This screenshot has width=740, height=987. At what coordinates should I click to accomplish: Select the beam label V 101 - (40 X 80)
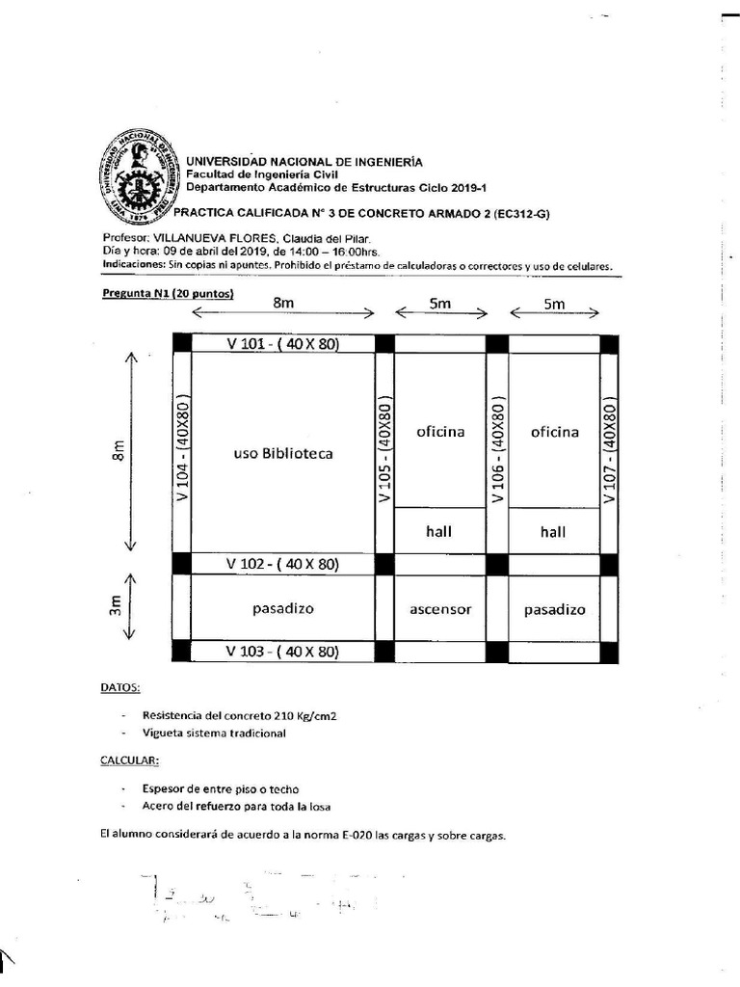point(282,344)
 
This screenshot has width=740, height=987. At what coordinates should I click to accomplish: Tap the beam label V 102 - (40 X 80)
point(282,564)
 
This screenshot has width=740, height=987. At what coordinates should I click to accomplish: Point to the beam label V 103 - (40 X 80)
point(282,652)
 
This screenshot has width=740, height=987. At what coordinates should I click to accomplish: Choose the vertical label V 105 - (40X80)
point(384,448)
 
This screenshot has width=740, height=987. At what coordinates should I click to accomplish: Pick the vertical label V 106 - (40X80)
point(497,448)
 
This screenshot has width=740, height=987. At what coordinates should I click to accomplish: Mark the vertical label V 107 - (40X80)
point(609,448)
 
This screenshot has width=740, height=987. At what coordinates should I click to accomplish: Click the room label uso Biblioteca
point(283,453)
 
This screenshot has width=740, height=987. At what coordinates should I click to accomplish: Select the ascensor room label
point(440,609)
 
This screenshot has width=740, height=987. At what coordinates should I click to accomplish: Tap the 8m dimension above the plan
point(283,304)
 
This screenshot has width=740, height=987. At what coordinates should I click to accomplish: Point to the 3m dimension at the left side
point(117,608)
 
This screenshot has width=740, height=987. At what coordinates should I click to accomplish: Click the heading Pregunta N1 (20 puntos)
point(169,294)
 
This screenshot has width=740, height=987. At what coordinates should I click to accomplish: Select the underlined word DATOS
point(120,688)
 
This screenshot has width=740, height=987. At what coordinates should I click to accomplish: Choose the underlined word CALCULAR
point(126,760)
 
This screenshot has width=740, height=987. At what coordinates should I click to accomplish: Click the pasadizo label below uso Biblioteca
point(283,609)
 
